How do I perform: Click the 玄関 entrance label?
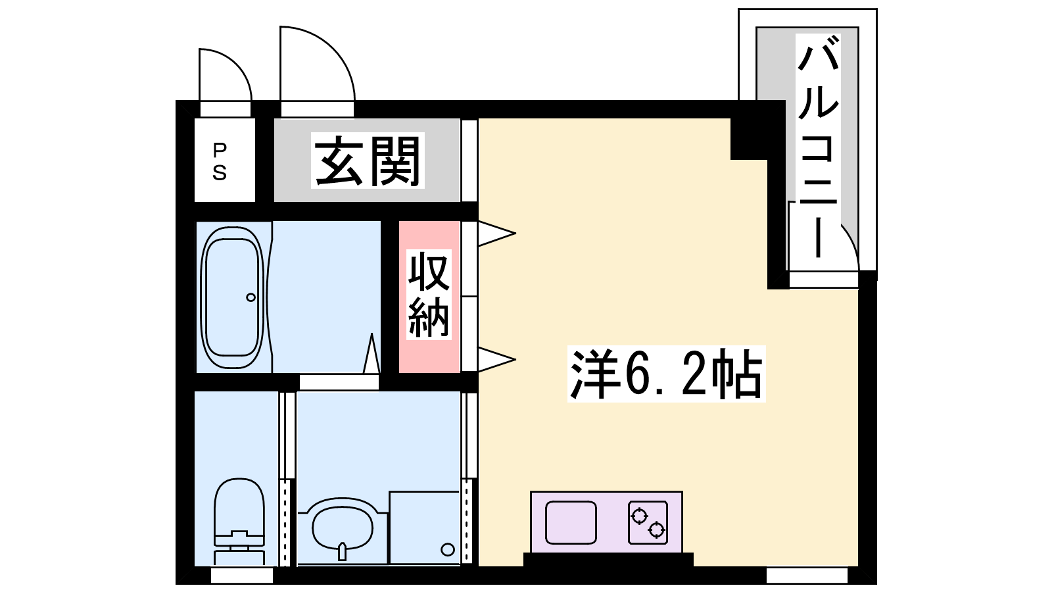point(368,161)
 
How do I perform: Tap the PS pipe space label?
point(220,162)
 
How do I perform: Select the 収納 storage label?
point(429,295)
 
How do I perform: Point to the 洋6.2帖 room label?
point(666,374)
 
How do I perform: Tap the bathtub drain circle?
point(251,297)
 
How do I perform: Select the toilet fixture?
point(239,522)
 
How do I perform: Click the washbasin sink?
point(343,529)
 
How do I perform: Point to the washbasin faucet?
point(343,552)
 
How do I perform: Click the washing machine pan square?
point(425,528)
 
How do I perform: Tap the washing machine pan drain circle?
point(448,549)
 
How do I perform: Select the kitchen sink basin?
point(571,522)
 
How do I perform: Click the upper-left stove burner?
point(639,516)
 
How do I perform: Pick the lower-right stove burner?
point(656,530)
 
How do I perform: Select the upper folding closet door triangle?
point(497,233)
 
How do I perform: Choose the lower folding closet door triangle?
point(497,360)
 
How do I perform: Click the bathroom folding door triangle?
point(371,353)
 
